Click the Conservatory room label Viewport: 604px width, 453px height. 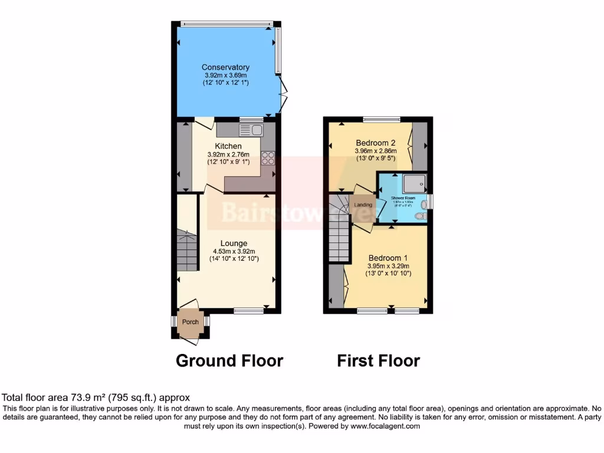pyautogui.click(x=225, y=67)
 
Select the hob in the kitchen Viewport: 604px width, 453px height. pyautogui.click(x=267, y=157)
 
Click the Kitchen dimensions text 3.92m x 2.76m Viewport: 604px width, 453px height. pyautogui.click(x=228, y=154)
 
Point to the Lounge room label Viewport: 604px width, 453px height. pyautogui.click(x=234, y=243)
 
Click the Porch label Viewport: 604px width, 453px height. pyautogui.click(x=190, y=322)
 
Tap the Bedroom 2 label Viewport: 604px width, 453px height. pyautogui.click(x=375, y=143)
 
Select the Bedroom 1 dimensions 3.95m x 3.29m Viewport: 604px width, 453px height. pyautogui.click(x=388, y=266)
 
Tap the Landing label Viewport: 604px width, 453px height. pyautogui.click(x=363, y=205)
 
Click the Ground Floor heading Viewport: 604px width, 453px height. pyautogui.click(x=229, y=360)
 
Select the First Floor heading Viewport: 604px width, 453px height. pyautogui.click(x=378, y=360)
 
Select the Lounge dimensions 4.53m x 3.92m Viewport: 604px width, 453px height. pyautogui.click(x=234, y=251)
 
